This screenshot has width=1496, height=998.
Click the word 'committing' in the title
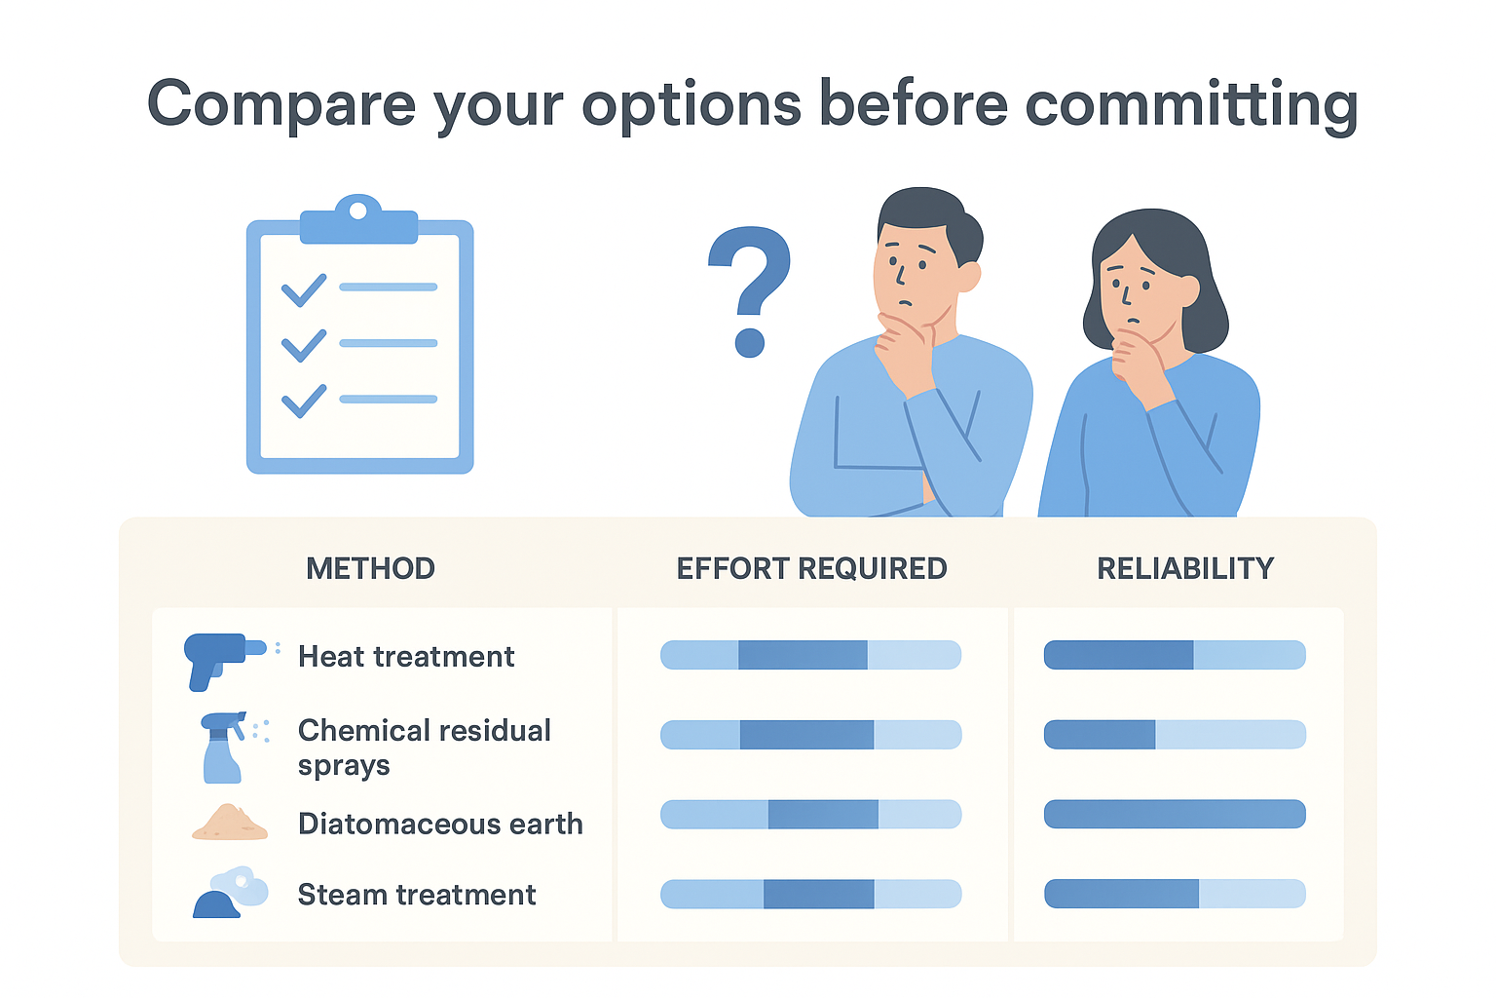[1191, 106]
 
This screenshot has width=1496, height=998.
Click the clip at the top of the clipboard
[358, 220]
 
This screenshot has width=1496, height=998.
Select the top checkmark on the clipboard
[304, 290]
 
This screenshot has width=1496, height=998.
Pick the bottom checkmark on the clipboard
[304, 402]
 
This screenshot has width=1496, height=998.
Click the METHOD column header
[371, 569]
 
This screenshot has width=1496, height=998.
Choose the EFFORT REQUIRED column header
[811, 569]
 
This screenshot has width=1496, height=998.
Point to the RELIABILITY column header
[1185, 569]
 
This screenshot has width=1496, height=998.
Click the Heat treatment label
[406, 657]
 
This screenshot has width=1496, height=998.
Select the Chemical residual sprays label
[424, 748]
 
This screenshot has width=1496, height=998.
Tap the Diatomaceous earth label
[440, 824]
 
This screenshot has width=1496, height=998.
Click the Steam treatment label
[417, 895]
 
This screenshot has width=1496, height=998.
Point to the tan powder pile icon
[230, 823]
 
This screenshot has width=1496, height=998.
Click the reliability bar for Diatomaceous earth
[1175, 814]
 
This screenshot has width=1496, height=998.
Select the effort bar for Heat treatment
[810, 655]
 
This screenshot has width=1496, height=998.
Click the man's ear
[968, 276]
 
